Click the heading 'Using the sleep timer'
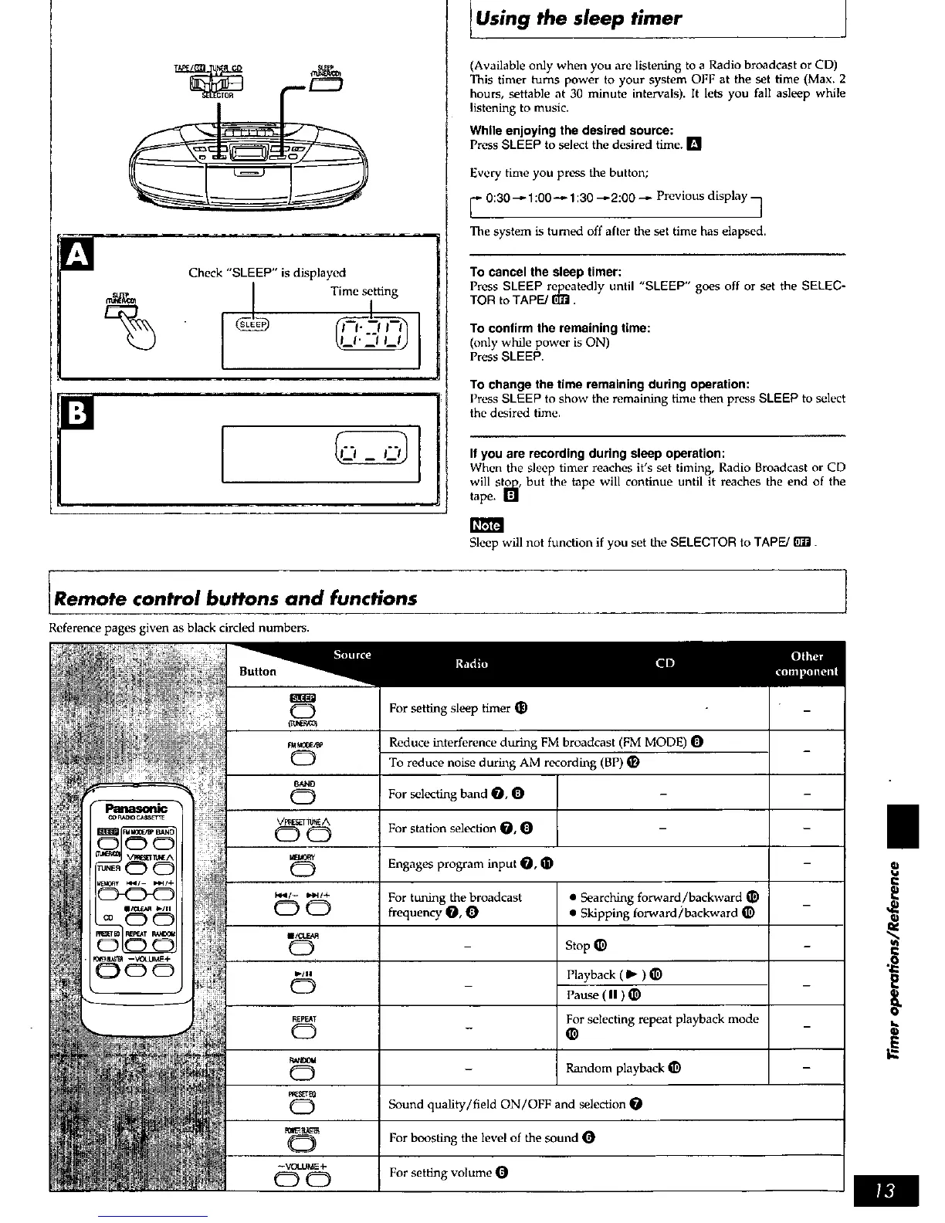click(x=578, y=19)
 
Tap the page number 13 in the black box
click(x=887, y=1192)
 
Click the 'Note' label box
click(x=486, y=525)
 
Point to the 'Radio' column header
click(x=471, y=663)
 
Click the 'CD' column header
click(x=665, y=663)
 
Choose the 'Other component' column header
click(x=806, y=663)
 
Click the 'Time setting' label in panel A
click(x=364, y=291)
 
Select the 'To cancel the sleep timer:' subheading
click(x=546, y=272)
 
